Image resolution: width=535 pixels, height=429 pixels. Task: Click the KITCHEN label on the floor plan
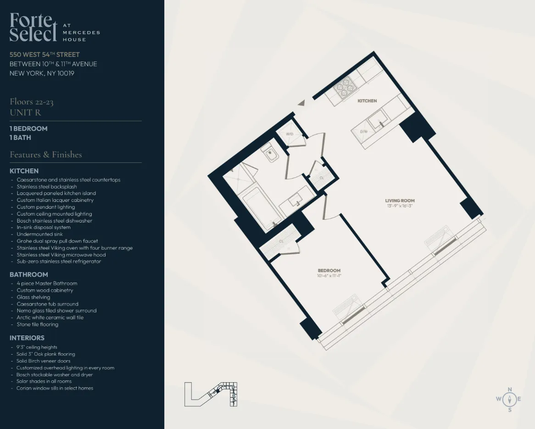pyautogui.click(x=367, y=101)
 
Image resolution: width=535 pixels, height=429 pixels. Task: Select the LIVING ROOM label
pyautogui.click(x=400, y=201)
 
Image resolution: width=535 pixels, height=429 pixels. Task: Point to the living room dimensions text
pyautogui.click(x=400, y=206)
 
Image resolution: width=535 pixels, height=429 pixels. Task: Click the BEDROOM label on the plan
pyautogui.click(x=329, y=271)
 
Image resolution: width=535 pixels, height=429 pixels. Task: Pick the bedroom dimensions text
pyautogui.click(x=329, y=276)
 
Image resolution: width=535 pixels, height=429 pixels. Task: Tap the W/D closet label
pyautogui.click(x=290, y=134)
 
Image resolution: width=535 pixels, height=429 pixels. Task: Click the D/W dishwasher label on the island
pyautogui.click(x=363, y=132)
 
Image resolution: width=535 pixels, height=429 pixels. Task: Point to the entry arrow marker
pyautogui.click(x=301, y=104)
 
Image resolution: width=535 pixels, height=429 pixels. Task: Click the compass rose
pyautogui.click(x=509, y=399)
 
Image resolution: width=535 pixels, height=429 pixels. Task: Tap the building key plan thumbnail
pyautogui.click(x=211, y=394)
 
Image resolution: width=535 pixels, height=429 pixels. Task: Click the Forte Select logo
pyautogui.click(x=33, y=27)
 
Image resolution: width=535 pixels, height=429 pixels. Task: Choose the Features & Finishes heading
pyautogui.click(x=46, y=155)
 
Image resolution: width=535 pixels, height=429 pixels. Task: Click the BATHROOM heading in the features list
pyautogui.click(x=29, y=274)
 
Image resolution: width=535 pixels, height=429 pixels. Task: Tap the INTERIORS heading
pyautogui.click(x=27, y=338)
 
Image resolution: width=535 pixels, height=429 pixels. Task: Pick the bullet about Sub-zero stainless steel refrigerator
pyautogui.click(x=59, y=262)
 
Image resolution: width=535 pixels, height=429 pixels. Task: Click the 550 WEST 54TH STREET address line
pyautogui.click(x=45, y=55)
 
